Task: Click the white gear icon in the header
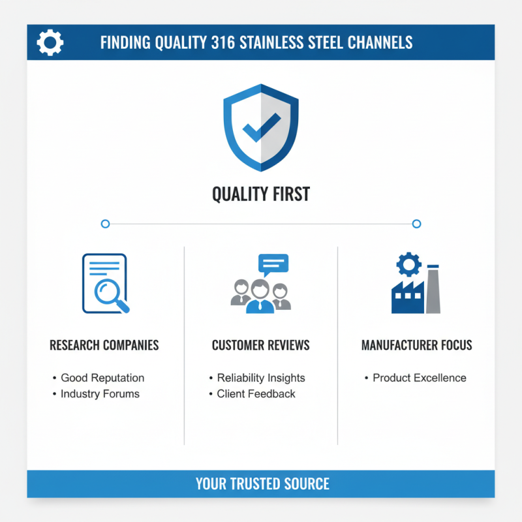50,42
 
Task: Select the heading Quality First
261,194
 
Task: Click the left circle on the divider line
105,224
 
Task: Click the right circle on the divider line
417,224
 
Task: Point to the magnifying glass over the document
109,292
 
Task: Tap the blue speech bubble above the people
273,263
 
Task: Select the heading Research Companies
104,345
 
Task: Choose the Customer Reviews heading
261,345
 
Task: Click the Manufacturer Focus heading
417,345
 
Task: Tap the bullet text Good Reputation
102,378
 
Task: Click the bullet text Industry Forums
100,393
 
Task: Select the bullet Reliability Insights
261,378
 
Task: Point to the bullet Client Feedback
256,393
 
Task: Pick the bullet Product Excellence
420,378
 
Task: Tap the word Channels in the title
381,42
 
